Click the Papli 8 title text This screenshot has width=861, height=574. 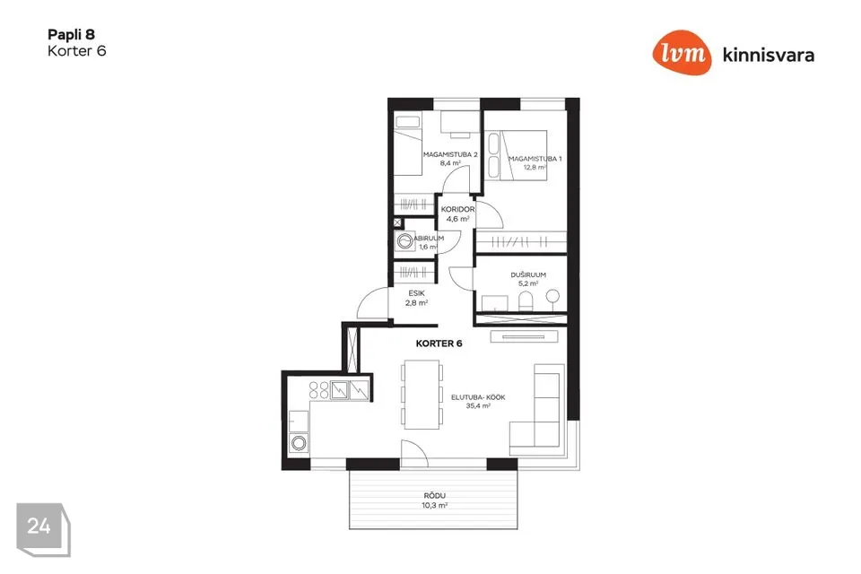click(71, 35)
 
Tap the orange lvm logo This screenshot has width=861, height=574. click(682, 52)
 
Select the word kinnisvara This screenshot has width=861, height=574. click(769, 55)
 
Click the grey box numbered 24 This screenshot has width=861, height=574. click(43, 529)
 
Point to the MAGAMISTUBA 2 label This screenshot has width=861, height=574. click(450, 155)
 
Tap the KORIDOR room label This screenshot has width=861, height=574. click(457, 209)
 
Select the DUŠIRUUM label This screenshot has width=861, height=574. click(528, 274)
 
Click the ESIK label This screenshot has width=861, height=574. click(416, 293)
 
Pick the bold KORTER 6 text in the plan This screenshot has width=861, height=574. click(439, 344)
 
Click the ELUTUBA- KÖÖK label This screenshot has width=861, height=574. click(478, 397)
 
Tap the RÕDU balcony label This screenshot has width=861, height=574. click(434, 495)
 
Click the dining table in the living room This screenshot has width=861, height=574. click(422, 395)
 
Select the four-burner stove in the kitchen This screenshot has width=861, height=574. click(319, 390)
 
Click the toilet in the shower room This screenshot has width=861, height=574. click(526, 301)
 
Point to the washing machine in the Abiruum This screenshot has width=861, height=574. click(404, 241)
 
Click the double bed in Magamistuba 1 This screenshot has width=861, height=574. click(517, 155)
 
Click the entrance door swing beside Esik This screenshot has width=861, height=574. click(372, 303)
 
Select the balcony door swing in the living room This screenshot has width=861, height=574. click(414, 454)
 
